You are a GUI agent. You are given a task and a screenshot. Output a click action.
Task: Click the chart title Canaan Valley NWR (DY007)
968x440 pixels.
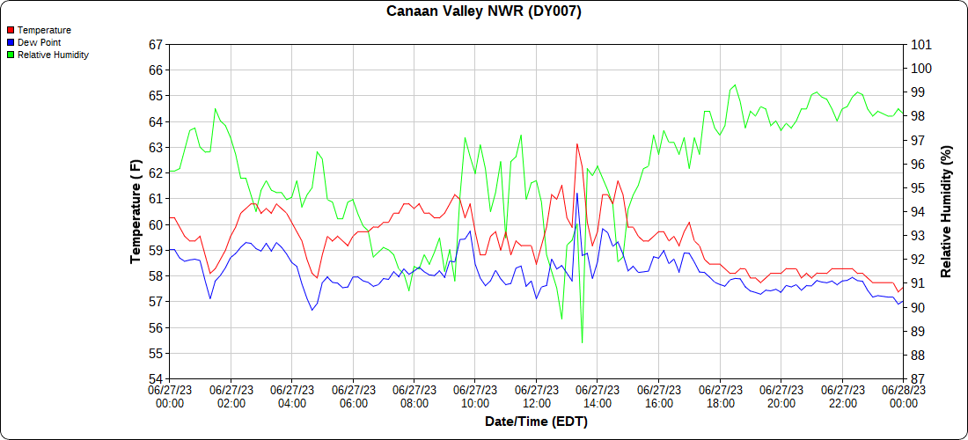point(484,11)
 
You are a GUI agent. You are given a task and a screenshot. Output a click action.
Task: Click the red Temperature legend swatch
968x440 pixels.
point(11,30)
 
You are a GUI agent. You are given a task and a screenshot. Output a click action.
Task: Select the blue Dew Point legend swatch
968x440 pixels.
point(11,42)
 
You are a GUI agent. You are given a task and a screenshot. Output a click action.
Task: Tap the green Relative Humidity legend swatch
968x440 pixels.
point(11,55)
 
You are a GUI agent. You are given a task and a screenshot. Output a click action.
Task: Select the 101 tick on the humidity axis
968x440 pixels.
point(920,44)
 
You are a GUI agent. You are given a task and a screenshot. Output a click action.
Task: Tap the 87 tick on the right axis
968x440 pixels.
point(917,379)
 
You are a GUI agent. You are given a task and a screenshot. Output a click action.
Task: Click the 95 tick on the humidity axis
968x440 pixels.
point(917,187)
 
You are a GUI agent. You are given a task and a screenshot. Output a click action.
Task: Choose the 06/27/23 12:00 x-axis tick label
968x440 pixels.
point(536,396)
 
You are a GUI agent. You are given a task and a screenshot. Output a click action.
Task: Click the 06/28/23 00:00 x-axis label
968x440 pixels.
point(903,396)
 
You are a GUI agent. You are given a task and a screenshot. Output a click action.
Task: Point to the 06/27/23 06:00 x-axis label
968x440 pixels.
point(353,396)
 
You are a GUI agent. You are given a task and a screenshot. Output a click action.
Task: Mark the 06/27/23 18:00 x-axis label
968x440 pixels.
point(720,396)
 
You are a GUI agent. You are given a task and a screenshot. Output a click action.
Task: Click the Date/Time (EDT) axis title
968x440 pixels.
point(536,422)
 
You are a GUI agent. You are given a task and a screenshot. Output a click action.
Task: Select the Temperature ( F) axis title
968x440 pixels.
point(135,211)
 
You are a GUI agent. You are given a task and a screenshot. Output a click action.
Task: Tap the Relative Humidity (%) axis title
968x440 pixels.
point(946,211)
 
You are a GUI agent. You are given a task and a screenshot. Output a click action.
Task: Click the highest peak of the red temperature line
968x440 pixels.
point(576,143)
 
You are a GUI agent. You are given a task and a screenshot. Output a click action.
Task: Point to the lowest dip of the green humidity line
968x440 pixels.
point(582,341)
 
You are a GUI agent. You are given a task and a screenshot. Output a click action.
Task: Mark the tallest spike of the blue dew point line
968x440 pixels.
point(576,193)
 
